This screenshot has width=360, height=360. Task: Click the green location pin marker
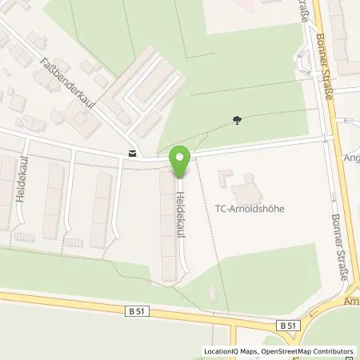click(x=180, y=162)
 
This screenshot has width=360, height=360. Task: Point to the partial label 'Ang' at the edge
click(x=351, y=158)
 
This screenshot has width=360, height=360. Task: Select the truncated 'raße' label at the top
click(x=306, y=15)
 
